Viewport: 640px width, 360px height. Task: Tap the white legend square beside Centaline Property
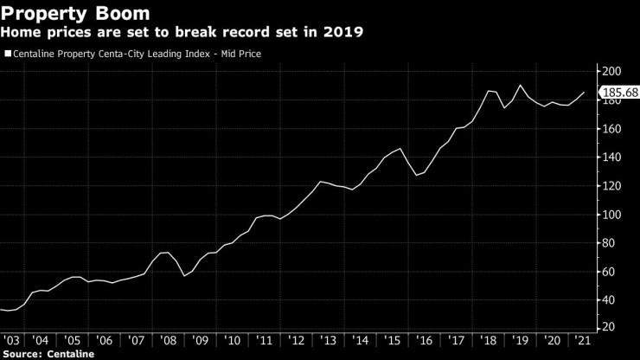8,54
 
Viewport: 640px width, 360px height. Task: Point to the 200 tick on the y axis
611,71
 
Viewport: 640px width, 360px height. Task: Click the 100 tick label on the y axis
611,214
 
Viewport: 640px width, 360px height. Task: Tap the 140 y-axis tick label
611,157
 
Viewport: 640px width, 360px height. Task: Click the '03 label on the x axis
12,339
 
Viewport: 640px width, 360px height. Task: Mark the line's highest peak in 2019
519,85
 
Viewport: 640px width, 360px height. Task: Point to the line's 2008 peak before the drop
165,252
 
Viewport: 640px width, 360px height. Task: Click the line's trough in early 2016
416,176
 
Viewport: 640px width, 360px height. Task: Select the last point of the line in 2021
584,92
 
